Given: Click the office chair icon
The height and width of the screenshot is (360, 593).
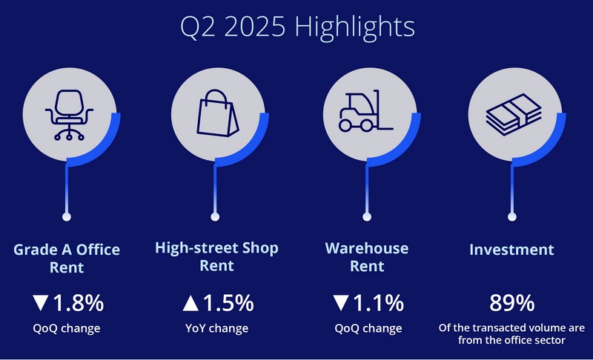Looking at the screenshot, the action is [x=69, y=115].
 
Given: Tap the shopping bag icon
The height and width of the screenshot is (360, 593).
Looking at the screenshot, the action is [x=217, y=113].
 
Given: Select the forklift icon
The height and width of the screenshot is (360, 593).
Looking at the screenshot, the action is [x=365, y=111].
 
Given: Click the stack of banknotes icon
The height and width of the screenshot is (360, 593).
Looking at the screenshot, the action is [x=514, y=114].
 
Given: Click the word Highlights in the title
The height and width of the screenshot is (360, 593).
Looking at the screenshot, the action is [x=355, y=27].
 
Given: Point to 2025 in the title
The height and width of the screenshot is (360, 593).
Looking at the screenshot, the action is [x=254, y=27].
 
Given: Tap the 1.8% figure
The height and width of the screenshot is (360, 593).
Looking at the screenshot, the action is [x=79, y=303].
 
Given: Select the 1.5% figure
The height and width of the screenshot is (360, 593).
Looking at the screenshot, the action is [x=228, y=303].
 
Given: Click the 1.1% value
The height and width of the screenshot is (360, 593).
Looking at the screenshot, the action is [x=379, y=303].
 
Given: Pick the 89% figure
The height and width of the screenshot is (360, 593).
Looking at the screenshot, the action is [x=511, y=303].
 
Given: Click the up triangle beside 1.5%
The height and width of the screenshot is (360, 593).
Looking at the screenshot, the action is [x=191, y=304].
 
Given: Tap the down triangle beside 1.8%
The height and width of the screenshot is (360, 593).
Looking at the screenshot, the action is [x=41, y=303].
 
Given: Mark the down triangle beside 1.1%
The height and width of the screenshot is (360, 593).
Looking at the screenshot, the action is [x=341, y=303].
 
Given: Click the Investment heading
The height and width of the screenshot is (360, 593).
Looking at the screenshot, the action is [x=511, y=250].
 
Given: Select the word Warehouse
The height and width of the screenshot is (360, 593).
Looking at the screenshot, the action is [x=367, y=248].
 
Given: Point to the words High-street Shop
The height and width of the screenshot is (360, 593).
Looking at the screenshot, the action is [x=216, y=248].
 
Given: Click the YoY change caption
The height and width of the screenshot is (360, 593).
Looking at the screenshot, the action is [x=216, y=328].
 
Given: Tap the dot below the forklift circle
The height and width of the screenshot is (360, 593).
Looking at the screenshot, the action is [x=367, y=217].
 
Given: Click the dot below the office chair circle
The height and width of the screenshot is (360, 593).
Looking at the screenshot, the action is [x=67, y=217].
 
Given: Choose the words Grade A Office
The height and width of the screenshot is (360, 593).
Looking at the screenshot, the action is [x=67, y=250].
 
